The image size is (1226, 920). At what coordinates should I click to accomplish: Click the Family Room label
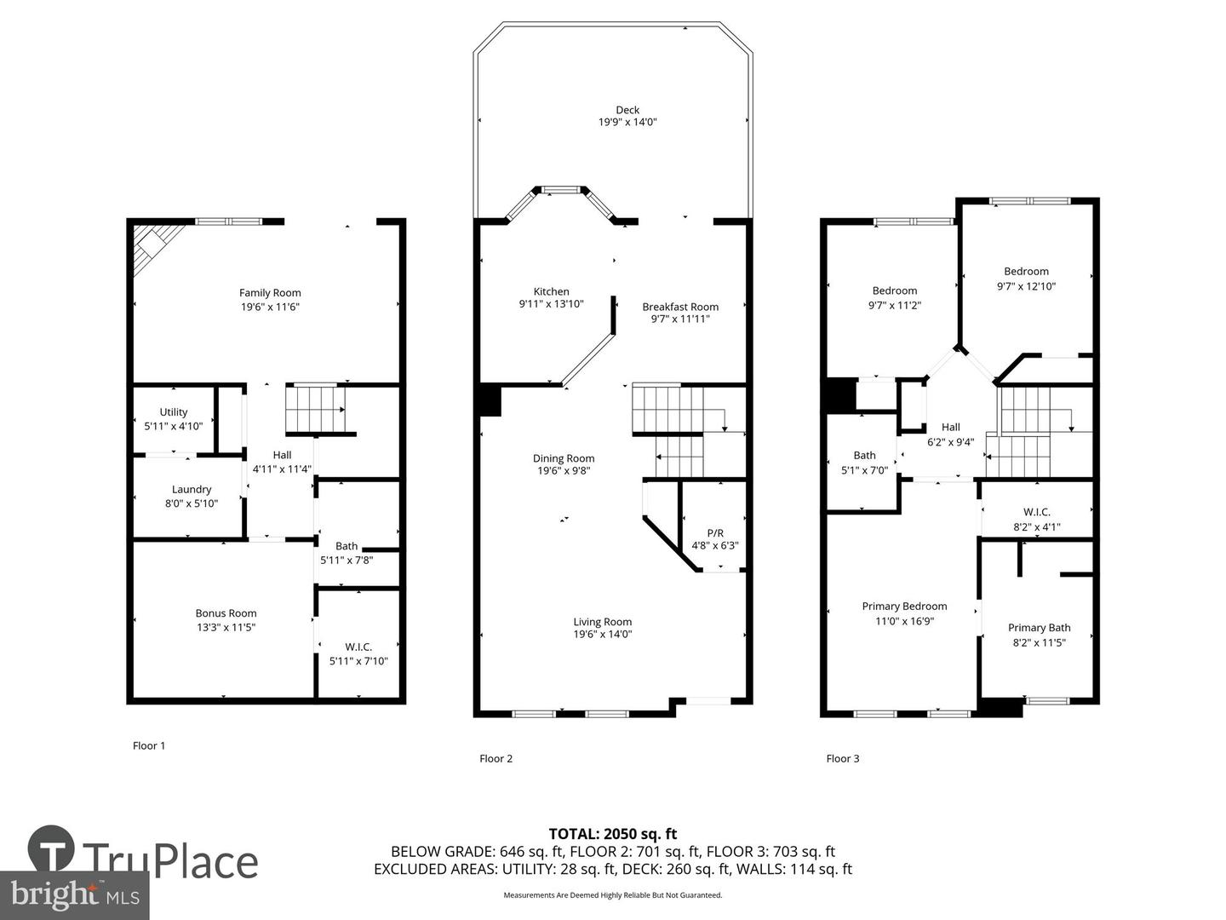tap(270, 293)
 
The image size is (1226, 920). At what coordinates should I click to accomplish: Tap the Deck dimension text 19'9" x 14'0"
tap(627, 123)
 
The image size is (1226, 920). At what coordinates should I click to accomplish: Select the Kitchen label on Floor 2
tap(551, 291)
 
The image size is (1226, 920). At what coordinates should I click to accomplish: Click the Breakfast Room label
tap(680, 307)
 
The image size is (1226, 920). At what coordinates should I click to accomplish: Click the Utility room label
tap(174, 412)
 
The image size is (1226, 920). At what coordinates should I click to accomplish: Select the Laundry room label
tap(192, 489)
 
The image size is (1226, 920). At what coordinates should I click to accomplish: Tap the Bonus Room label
tap(226, 613)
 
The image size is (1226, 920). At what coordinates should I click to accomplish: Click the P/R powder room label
tap(715, 532)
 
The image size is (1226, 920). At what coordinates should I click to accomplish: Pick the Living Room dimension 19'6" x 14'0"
tap(603, 634)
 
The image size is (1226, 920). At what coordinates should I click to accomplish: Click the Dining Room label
tap(564, 458)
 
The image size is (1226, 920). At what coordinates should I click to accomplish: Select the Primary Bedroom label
tap(904, 607)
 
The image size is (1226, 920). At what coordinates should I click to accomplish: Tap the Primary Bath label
tap(1039, 628)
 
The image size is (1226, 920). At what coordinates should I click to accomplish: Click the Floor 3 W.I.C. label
tap(1036, 512)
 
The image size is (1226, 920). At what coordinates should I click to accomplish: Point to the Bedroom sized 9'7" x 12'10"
tap(1026, 279)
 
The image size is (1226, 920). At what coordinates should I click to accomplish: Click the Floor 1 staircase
tap(314, 409)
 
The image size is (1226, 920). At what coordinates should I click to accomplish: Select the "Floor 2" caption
tap(496, 758)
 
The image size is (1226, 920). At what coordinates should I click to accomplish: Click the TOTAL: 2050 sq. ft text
tap(612, 834)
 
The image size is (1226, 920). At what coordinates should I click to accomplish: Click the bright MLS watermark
tap(75, 894)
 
